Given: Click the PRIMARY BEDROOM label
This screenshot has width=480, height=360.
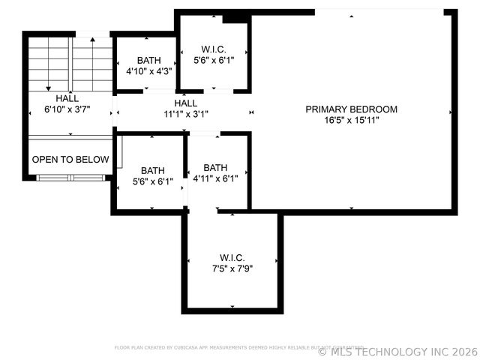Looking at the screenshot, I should pos(351,109).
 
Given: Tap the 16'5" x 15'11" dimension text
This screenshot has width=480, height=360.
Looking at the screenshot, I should pos(351,120).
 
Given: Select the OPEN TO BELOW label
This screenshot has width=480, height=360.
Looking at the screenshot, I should pos(70,160).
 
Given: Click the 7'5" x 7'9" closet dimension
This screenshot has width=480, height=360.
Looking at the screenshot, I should pos(232,268).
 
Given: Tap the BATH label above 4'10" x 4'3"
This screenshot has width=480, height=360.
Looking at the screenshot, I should pos(149,60).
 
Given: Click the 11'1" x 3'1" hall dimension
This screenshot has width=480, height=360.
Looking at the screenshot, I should pos(185,115).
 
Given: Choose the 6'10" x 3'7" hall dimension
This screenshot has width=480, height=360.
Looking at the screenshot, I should pos(67,109).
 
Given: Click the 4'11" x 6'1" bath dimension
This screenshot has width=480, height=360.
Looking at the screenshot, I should pos(215,178).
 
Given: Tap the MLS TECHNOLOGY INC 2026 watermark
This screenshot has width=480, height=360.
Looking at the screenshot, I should pos(397,350).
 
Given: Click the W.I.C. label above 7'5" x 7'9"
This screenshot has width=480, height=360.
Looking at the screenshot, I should pos(232,257).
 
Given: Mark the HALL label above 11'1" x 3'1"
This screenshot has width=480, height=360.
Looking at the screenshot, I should pos(185,103).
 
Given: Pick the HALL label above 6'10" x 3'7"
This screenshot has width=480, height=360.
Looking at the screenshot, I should pos(67,98).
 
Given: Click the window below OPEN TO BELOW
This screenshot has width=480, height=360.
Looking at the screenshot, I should pos(70,178).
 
